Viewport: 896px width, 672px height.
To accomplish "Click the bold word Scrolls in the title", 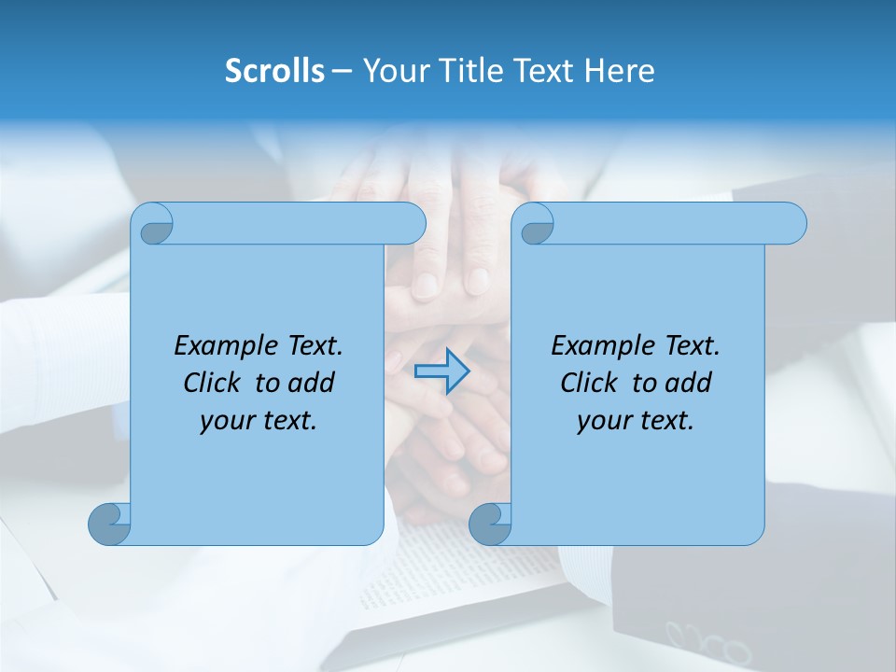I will (x=275, y=71).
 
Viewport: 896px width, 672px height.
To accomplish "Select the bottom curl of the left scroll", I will (x=108, y=524).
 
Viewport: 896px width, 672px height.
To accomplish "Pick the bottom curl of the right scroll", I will (x=489, y=524).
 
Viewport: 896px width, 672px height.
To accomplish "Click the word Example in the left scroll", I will (x=218, y=346).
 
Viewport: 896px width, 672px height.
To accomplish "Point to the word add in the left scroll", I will (x=311, y=383).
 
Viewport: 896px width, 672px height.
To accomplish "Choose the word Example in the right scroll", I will (x=595, y=346).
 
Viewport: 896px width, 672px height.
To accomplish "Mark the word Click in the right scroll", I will (x=590, y=383).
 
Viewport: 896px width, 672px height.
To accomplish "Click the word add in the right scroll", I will (x=688, y=383).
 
